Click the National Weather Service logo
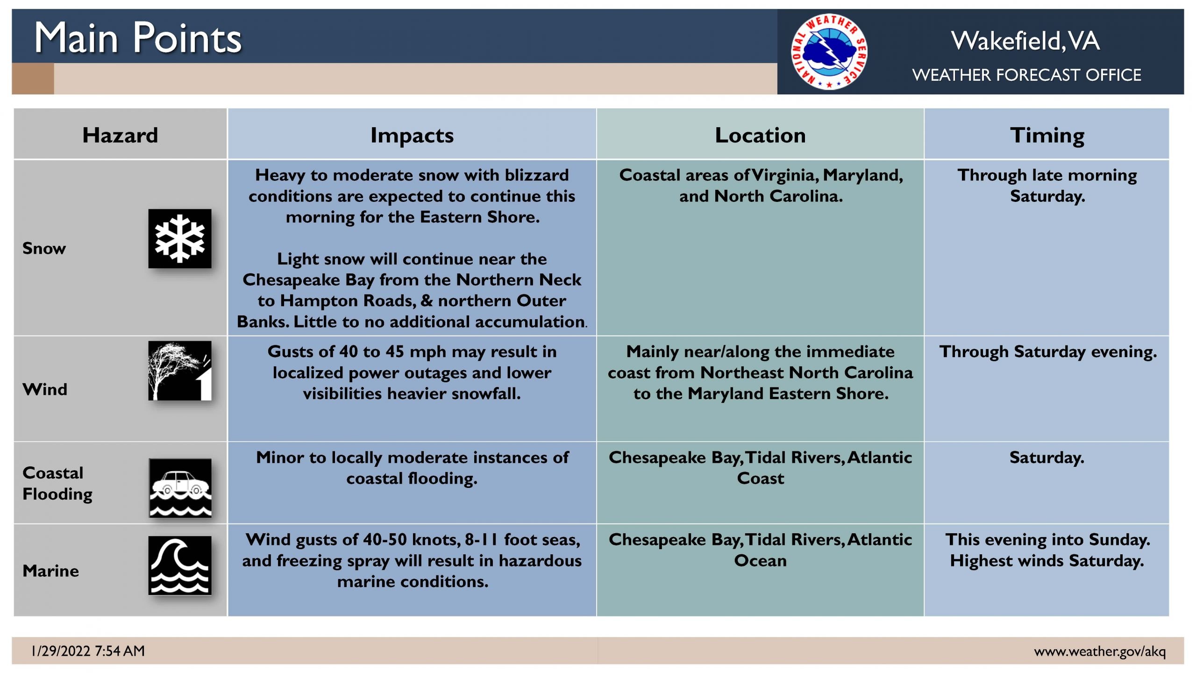pos(829,51)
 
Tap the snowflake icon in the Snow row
pos(180,238)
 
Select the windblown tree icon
pos(180,371)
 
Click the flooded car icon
pos(180,487)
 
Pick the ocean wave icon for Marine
pos(180,565)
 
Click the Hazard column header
pos(120,135)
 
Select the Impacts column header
pos(412,136)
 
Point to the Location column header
pos(760,135)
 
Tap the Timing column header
pos(1047,136)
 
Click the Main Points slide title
pos(138,38)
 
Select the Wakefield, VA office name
pos(1025,41)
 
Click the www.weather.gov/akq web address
pos(1100,651)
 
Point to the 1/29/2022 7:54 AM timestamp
pos(88,651)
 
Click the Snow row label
pos(44,248)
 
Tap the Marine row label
pos(50,571)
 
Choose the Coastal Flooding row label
pos(57,483)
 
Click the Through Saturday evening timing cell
pos(1048,351)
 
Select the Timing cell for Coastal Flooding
pos(1046,457)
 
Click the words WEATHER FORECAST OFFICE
pos(1026,75)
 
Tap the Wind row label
pos(45,389)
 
